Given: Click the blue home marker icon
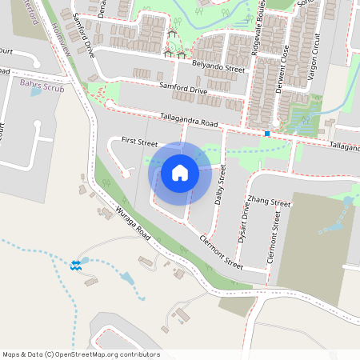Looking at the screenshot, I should point(179,172).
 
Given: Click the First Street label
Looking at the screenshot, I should point(140,142).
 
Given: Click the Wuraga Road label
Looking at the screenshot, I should point(132,226).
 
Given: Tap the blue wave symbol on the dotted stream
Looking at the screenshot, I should point(75,264).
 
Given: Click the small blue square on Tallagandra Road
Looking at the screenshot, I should point(266,134).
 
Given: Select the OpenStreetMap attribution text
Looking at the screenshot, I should point(81,354).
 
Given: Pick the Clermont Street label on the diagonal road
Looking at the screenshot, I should point(220,250).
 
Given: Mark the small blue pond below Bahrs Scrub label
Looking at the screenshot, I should point(35,92).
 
